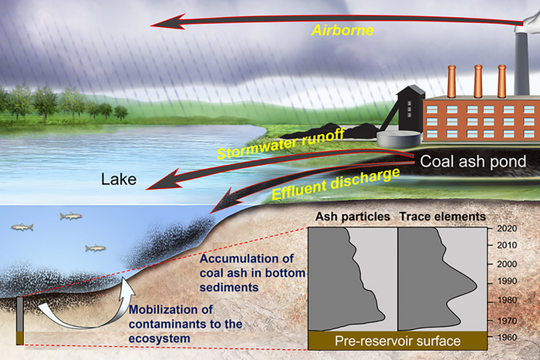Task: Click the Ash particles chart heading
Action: pyautogui.click(x=350, y=217)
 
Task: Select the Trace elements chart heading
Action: pyautogui.click(x=442, y=217)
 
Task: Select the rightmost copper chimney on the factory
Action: pyautogui.click(x=502, y=81)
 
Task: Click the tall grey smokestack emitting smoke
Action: pyautogui.click(x=528, y=54)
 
